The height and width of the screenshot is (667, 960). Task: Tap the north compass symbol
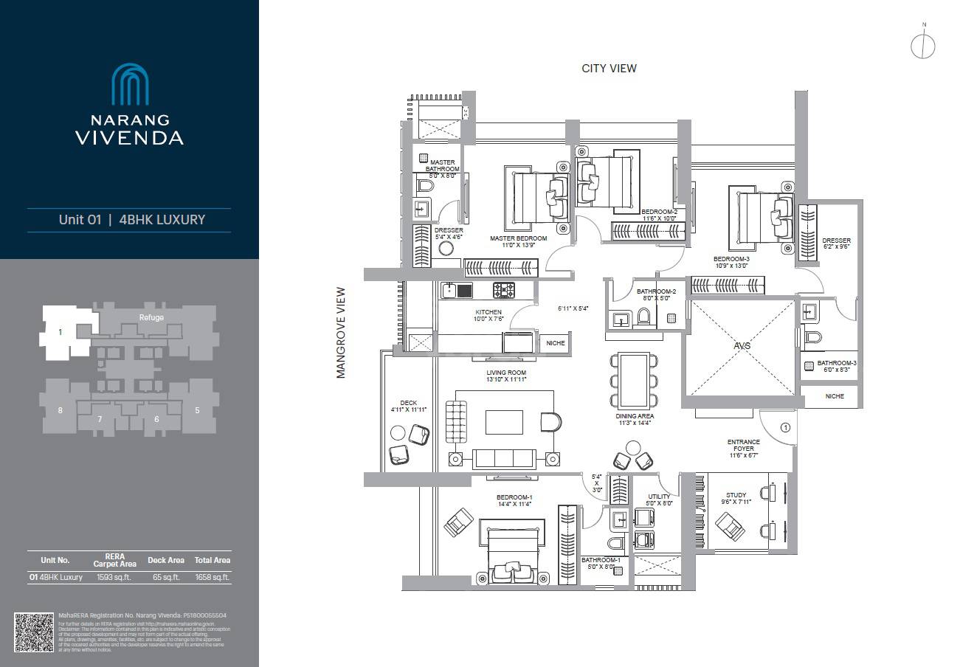[923, 45]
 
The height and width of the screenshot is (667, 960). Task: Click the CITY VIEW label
[609, 69]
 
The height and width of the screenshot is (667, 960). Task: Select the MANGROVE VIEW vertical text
[341, 333]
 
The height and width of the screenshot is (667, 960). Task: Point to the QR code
[34, 632]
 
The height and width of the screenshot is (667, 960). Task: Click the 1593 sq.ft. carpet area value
[114, 578]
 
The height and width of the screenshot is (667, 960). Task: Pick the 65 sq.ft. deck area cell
[166, 578]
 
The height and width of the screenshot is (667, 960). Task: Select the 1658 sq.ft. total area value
[213, 578]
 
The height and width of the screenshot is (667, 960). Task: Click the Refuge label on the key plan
[151, 317]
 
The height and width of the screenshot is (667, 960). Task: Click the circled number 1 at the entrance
[785, 426]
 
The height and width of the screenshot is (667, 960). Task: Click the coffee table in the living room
[504, 422]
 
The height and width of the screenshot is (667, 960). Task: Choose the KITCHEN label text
[488, 312]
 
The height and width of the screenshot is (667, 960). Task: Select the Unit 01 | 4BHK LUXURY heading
[131, 220]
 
